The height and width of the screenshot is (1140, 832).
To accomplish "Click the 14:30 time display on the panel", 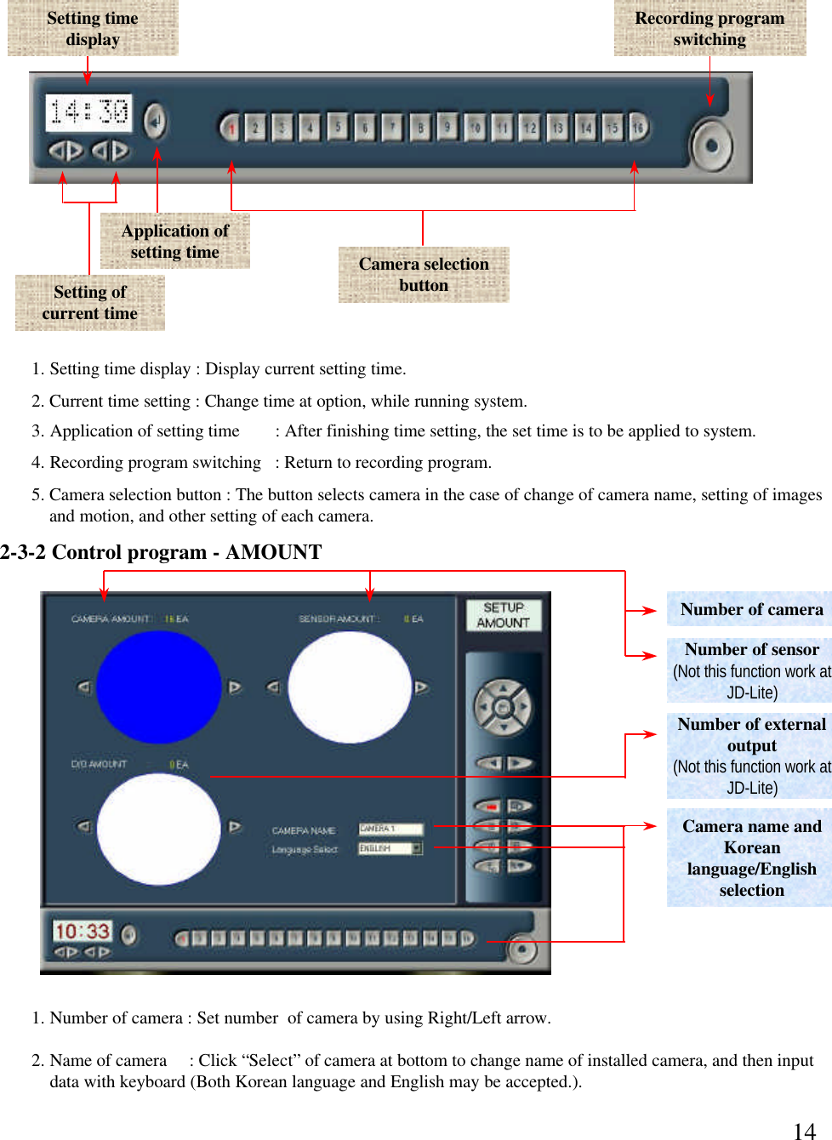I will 88,112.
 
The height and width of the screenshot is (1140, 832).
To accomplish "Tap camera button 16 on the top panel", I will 638,128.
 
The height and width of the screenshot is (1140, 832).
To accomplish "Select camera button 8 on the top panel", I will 419,128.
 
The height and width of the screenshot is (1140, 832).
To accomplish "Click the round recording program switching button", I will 711,145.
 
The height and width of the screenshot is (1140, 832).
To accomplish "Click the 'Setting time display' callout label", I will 93,28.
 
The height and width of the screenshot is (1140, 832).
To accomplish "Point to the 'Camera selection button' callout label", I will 424,274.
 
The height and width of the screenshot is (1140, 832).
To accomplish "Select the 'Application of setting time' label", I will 174,241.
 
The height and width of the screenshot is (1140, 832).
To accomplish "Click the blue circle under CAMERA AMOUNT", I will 158,687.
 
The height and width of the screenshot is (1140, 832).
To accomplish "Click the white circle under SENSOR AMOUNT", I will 349,687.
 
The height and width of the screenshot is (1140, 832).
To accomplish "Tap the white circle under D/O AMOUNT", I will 158,829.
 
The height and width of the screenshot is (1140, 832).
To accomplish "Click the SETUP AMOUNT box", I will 503,615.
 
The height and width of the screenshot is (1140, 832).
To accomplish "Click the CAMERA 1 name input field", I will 390,828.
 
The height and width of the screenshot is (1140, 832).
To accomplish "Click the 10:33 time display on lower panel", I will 83,931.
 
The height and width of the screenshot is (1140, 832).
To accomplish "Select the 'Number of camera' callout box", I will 750,609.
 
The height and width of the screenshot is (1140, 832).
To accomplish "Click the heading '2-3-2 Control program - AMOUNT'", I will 161,552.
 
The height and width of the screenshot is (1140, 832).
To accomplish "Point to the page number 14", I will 804,1131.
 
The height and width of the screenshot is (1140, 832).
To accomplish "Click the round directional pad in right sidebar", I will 503,706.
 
